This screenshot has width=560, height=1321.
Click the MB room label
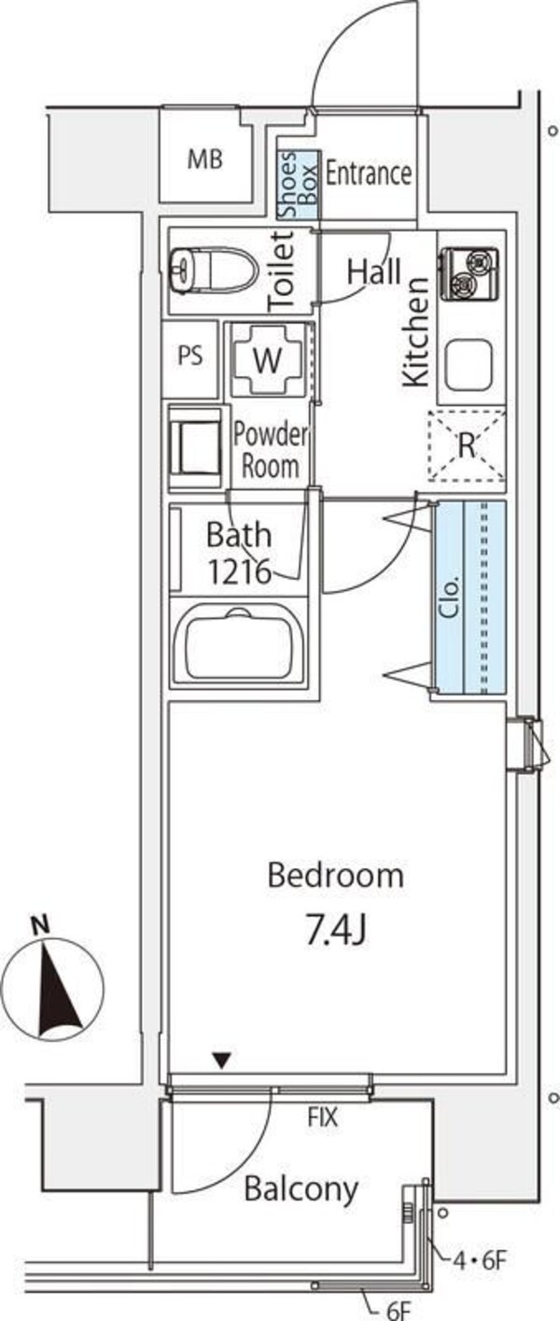click(x=205, y=160)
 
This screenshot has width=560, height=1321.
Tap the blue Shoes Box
click(x=299, y=185)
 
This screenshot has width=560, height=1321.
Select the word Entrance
click(x=369, y=174)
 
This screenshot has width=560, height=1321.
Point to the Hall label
click(x=373, y=272)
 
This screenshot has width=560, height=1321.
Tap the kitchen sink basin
click(x=469, y=366)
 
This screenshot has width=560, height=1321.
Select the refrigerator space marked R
click(x=467, y=445)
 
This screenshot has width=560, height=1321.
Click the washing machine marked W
click(x=267, y=359)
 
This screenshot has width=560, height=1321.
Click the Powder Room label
click(x=271, y=450)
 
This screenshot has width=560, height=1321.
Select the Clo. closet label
click(x=450, y=598)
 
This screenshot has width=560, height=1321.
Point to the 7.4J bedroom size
click(x=336, y=930)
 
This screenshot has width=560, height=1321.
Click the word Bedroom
click(x=336, y=875)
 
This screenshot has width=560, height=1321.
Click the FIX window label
click(x=323, y=1117)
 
